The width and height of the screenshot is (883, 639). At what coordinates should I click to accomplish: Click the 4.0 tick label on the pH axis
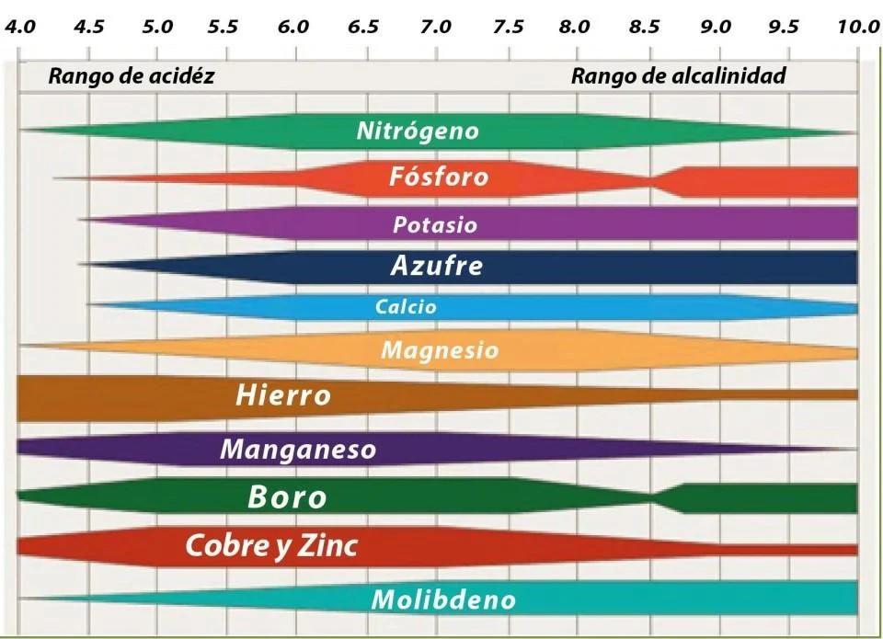[20, 27]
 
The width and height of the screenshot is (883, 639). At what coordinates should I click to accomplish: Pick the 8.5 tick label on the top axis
[645, 27]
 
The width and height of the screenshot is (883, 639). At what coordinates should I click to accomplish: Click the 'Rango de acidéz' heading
[132, 76]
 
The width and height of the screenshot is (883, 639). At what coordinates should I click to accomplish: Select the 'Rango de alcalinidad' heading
[679, 76]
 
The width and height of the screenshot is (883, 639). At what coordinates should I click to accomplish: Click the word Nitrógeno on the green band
[418, 131]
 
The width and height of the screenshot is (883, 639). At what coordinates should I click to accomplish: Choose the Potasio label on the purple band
[435, 224]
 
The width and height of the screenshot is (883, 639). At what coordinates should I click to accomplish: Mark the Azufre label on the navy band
[436, 267]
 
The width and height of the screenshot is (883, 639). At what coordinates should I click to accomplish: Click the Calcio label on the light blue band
[406, 307]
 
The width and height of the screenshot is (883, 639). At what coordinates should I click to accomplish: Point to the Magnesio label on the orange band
[440, 350]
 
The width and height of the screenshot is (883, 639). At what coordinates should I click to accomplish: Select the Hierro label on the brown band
[283, 396]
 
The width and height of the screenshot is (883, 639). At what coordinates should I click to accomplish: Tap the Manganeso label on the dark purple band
[298, 450]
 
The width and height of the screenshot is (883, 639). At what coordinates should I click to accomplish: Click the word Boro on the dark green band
[287, 497]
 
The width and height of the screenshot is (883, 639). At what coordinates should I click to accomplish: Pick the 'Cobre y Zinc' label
[271, 546]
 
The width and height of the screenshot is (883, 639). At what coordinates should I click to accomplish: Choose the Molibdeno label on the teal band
[443, 600]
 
